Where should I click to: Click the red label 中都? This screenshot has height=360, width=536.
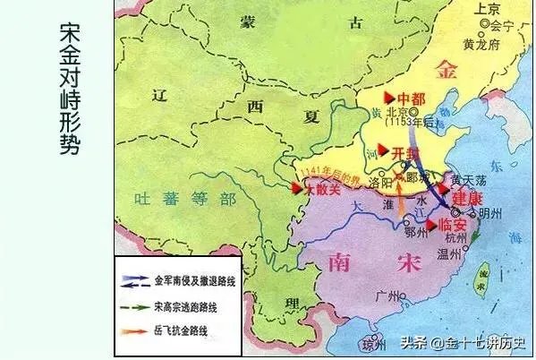(x=412, y=98)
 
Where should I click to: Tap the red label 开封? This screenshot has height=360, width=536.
(x=406, y=152)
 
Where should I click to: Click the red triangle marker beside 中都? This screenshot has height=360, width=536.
(x=390, y=97)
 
